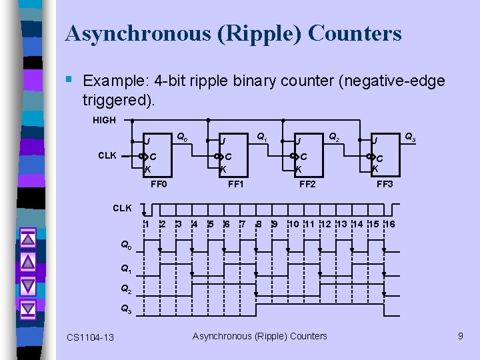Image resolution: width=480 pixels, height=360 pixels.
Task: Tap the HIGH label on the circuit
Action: [x=104, y=120]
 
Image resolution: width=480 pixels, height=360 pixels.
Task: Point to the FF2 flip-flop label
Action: [x=307, y=184]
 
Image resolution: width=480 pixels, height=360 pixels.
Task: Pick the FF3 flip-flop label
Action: [x=385, y=184]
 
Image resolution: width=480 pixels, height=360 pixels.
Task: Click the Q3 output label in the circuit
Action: [x=411, y=138]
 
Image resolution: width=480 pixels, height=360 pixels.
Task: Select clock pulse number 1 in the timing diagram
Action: [x=147, y=224]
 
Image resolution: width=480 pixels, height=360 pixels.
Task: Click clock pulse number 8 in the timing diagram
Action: [x=259, y=224]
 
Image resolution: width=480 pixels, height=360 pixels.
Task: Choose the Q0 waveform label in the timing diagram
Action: [x=126, y=245]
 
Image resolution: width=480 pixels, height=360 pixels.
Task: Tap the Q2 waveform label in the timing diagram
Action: [x=126, y=289]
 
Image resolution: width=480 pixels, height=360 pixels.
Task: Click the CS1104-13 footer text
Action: [x=90, y=337]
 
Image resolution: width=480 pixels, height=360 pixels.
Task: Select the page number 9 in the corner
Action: [x=460, y=336]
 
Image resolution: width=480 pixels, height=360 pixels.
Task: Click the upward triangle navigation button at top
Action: [x=27, y=237]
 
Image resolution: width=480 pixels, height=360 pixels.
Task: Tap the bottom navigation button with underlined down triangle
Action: [x=27, y=309]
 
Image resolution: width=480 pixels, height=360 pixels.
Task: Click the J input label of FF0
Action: [x=148, y=141]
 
